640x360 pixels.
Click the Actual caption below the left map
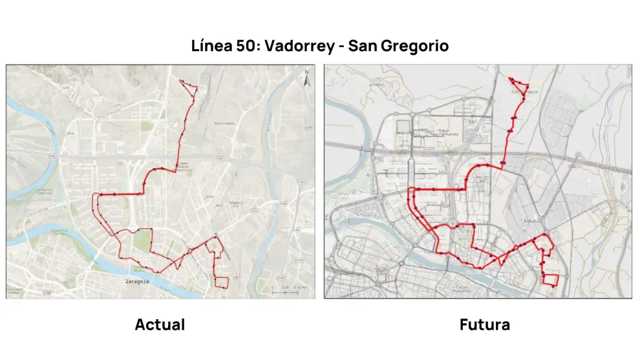point(160,324)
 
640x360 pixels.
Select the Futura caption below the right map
point(484,324)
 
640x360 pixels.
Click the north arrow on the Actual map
point(306,78)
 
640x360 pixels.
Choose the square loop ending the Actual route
point(222,282)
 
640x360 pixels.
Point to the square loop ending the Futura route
point(550,279)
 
